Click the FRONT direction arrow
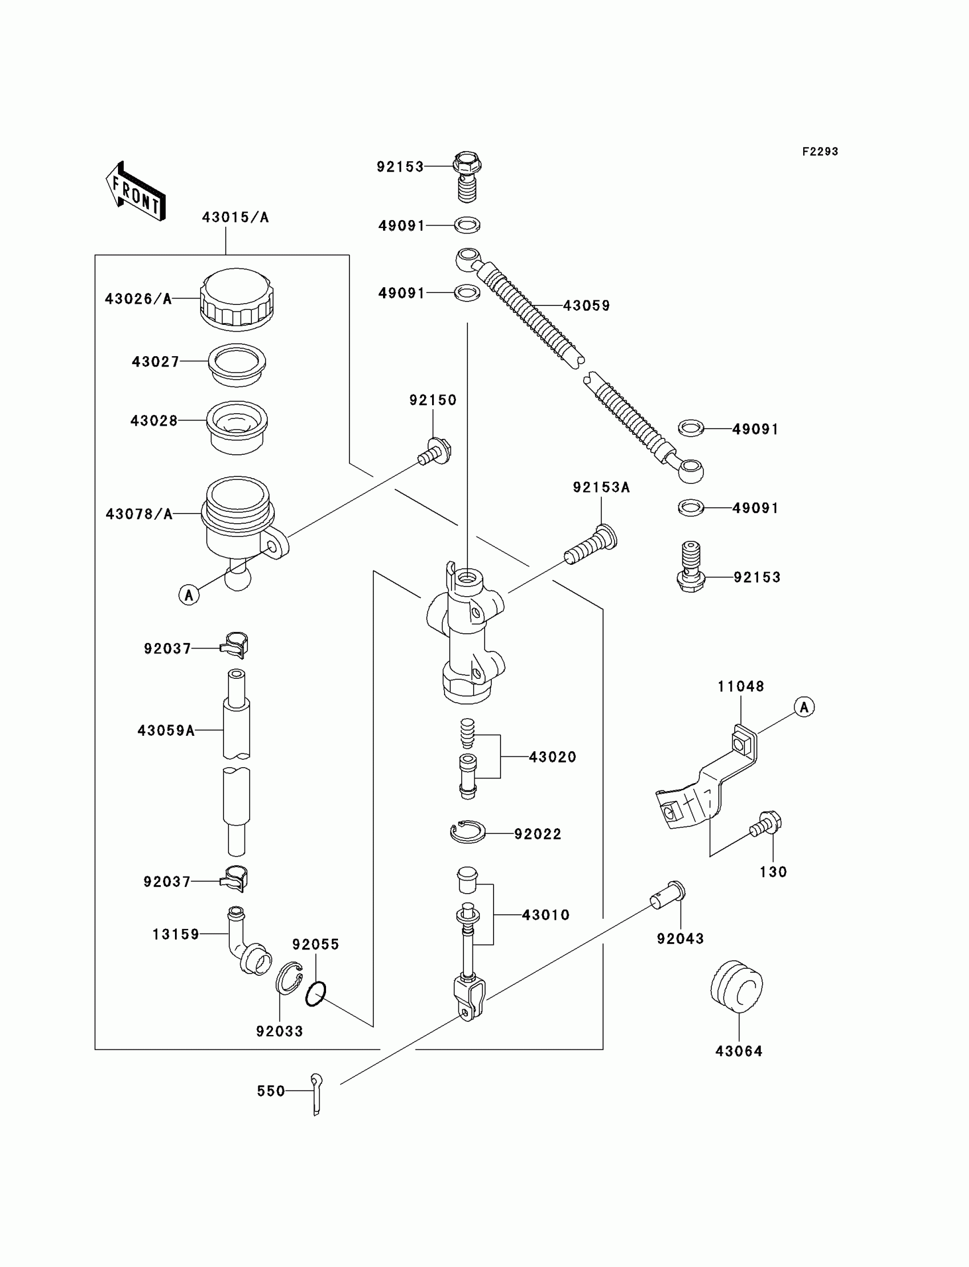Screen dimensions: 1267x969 coord(136,192)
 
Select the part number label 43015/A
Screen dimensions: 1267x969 coord(235,217)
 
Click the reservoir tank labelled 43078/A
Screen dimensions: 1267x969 coord(238,515)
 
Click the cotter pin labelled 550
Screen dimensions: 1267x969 coord(316,1094)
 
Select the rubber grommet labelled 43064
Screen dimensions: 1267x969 coord(736,986)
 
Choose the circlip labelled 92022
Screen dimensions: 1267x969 coord(468,833)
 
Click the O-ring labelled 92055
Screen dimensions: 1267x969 coord(316,993)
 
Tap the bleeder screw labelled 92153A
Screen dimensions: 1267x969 coord(591,545)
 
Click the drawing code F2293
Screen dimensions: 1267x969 coord(820,152)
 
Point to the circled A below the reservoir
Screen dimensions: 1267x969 coord(189,594)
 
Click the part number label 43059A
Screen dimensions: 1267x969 coord(166,731)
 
